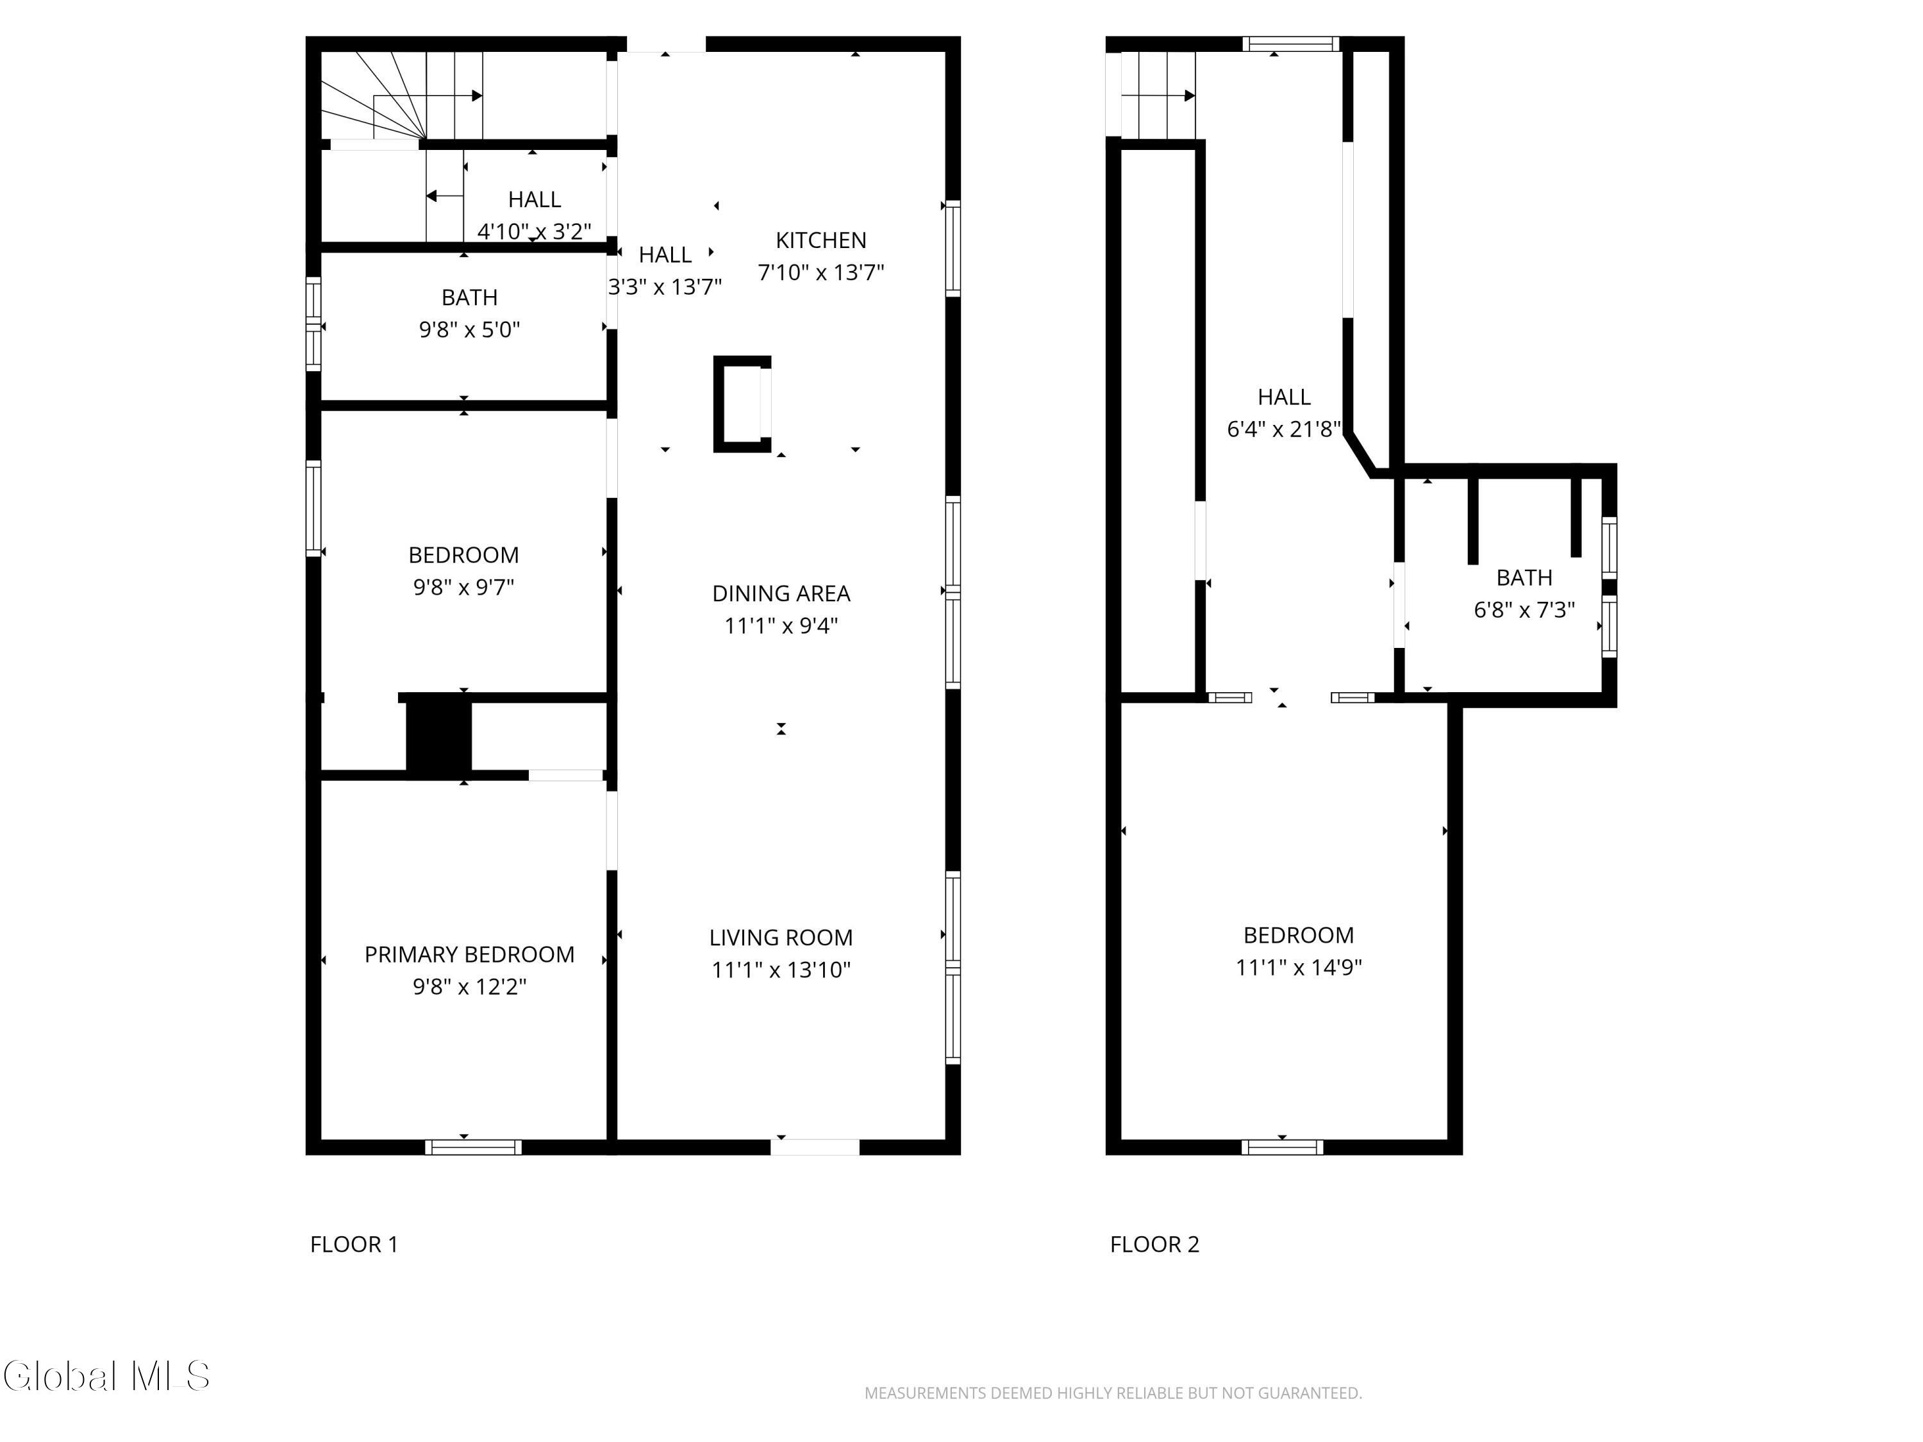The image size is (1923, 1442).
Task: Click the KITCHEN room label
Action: tap(820, 240)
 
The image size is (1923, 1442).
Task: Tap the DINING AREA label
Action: tap(781, 593)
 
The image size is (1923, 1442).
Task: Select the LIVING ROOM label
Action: tap(781, 938)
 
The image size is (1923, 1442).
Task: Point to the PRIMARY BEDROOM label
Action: tap(469, 954)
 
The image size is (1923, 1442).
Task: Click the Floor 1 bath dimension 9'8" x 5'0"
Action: tap(469, 329)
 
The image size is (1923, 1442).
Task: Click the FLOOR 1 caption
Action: tap(354, 1245)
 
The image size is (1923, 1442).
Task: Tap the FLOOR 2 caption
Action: tap(1154, 1245)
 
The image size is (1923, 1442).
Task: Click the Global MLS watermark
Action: tap(106, 1376)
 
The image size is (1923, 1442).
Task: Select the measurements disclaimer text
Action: tap(1113, 1393)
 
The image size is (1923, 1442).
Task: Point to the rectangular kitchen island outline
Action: tap(742, 404)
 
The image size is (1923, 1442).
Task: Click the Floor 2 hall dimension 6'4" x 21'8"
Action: tap(1284, 429)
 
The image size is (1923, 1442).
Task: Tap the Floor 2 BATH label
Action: tap(1524, 578)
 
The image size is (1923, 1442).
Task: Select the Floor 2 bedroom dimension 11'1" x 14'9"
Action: tap(1299, 967)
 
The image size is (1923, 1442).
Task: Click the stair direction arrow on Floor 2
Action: tap(1159, 95)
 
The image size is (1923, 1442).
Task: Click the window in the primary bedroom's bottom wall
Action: tap(473, 1147)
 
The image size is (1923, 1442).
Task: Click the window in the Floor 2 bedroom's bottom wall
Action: tap(1282, 1147)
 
